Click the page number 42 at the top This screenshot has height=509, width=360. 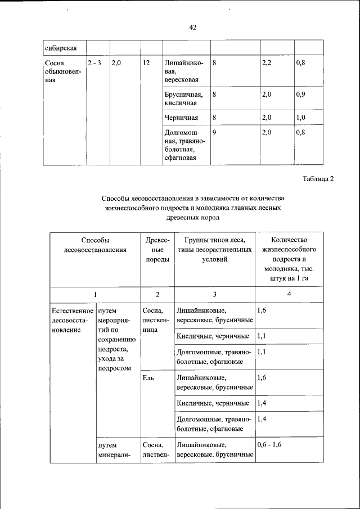(x=192, y=27)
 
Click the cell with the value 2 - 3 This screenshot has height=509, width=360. (x=94, y=63)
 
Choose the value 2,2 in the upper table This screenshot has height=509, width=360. (x=267, y=63)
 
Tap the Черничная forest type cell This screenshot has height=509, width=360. (x=181, y=117)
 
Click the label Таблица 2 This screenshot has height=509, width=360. (x=318, y=179)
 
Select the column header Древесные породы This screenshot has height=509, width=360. (x=157, y=250)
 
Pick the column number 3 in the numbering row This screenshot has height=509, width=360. (x=214, y=294)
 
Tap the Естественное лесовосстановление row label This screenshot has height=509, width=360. (x=71, y=319)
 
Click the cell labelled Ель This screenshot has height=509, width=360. (x=148, y=379)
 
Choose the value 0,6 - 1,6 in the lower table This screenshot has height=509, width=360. (x=269, y=444)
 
